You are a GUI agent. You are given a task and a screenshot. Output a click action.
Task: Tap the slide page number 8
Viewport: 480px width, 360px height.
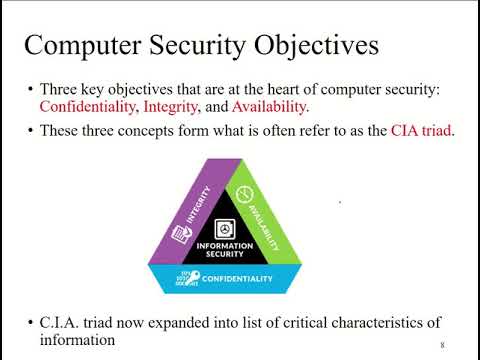[x=442, y=345]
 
